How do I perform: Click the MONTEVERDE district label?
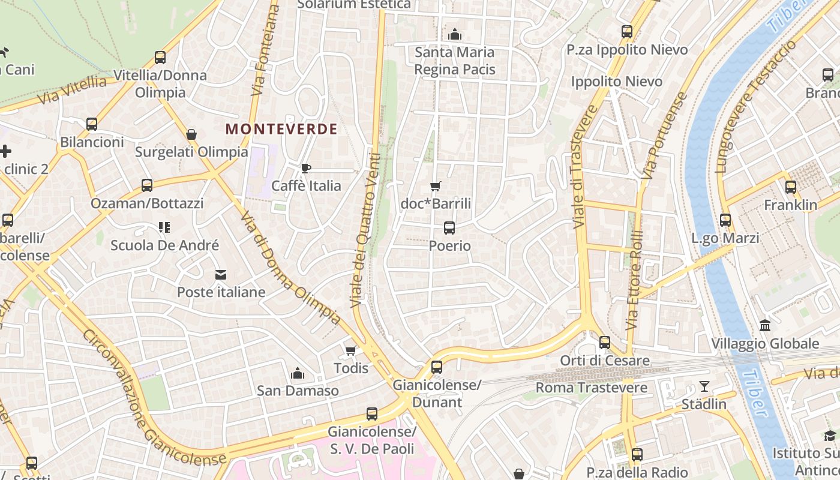(x=281, y=129)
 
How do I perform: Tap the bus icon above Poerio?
(x=449, y=228)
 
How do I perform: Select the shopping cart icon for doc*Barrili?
(x=436, y=187)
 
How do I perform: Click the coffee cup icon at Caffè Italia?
(x=306, y=168)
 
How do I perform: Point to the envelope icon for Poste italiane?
(x=221, y=275)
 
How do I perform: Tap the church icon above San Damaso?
(x=298, y=374)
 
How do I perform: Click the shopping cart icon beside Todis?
(x=351, y=350)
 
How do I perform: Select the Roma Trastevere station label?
(x=591, y=388)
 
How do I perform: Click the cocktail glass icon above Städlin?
(x=704, y=386)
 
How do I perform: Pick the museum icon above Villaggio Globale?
(x=765, y=326)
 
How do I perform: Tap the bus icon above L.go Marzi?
(x=725, y=220)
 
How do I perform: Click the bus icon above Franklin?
(x=791, y=187)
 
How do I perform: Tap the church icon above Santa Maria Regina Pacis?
(x=455, y=34)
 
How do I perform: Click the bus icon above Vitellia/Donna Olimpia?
(x=160, y=58)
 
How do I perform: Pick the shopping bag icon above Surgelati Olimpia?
(x=191, y=134)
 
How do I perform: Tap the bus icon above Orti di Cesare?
(x=605, y=343)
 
